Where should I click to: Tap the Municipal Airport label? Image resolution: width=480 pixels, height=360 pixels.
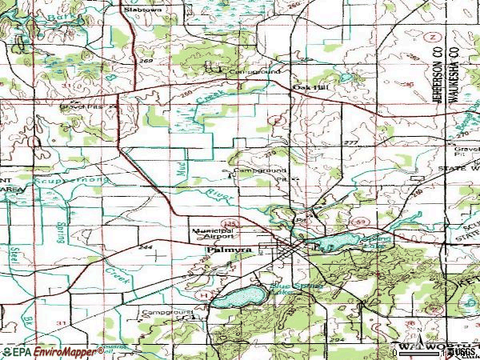click(x=213, y=233)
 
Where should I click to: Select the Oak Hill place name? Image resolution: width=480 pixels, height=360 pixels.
click(x=306, y=88)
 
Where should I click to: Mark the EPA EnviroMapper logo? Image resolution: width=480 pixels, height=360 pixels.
click(x=53, y=351)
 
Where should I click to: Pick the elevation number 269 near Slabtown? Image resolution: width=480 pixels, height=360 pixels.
click(x=145, y=59)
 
